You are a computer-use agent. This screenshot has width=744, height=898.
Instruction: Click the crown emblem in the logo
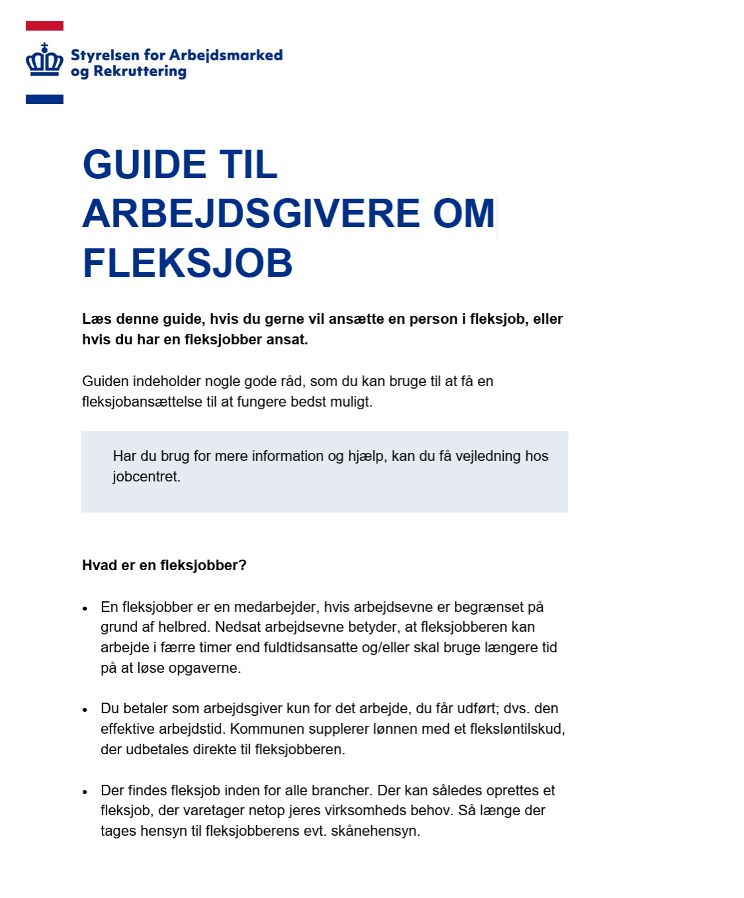tap(44, 62)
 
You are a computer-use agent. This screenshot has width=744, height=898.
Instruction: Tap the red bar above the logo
tap(44, 26)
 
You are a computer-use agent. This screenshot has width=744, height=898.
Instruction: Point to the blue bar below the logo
tap(44, 99)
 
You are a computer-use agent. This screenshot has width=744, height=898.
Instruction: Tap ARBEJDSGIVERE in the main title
tap(251, 213)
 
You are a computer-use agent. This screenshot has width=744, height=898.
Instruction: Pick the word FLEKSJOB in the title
tap(187, 263)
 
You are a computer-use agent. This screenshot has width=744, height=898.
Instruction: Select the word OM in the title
tap(464, 213)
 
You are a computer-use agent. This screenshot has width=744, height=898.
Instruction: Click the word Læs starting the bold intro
tap(97, 319)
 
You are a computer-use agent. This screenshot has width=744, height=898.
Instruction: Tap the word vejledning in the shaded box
tap(488, 456)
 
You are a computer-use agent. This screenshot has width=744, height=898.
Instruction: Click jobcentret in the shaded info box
tap(146, 477)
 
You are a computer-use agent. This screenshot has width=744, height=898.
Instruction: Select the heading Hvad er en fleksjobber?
tap(164, 566)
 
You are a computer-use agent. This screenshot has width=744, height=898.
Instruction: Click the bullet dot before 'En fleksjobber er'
tap(85, 608)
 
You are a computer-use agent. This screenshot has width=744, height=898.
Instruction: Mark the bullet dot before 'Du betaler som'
tap(85, 709)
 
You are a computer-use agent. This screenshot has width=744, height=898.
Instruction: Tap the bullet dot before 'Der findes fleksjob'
tap(85, 791)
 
